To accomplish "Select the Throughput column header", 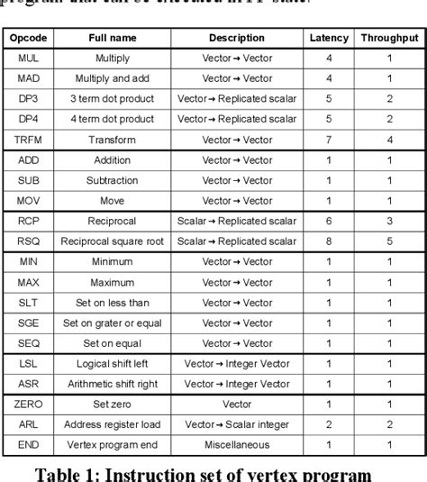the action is point(389,38).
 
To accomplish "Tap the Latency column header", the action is point(328,38).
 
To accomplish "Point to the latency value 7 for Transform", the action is point(328,140).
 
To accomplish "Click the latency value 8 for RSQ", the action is point(328,241).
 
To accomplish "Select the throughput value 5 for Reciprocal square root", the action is point(389,241).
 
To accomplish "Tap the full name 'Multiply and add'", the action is point(112,78).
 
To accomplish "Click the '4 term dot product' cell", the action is point(112,119).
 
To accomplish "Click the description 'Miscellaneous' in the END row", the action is point(237,445).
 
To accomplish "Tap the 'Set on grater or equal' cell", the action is point(112,323).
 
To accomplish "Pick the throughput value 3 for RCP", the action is point(389,221).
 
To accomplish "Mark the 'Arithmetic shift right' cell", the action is point(112,384).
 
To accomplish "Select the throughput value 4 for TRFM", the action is point(389,140).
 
